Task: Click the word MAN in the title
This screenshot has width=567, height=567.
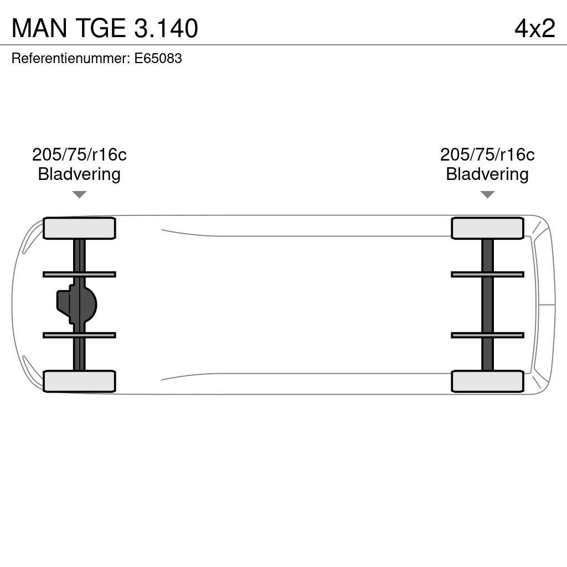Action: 39,28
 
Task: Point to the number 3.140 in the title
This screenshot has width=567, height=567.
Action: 166,28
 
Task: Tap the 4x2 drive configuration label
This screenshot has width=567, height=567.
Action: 534,28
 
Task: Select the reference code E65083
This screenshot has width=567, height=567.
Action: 158,58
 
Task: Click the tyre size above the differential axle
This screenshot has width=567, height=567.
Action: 79,154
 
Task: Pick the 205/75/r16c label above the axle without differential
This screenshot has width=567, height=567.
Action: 487,154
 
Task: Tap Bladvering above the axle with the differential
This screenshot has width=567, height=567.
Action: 79,174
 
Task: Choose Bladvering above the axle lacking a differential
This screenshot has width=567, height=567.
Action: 487,174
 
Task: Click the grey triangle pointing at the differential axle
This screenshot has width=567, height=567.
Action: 79,194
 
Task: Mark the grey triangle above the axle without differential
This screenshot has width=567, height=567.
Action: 487,194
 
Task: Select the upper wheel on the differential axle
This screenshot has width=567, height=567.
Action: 79,228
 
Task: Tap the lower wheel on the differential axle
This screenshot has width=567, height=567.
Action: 79,381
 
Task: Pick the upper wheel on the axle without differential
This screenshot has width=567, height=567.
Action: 487,228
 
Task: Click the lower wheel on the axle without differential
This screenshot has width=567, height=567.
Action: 487,381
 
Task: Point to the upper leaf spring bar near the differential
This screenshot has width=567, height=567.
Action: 79,274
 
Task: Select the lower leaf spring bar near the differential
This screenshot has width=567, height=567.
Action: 79,335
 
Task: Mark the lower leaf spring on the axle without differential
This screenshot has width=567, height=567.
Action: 487,335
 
